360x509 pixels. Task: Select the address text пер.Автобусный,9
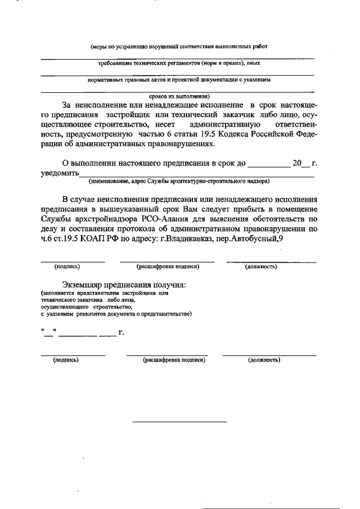pyautogui.click(x=254, y=238)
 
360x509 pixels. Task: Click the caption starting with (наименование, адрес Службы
pyautogui.click(x=179, y=181)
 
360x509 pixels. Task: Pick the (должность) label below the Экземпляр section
pyautogui.click(x=264, y=359)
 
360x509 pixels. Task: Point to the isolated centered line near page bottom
pyautogui.click(x=179, y=421)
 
